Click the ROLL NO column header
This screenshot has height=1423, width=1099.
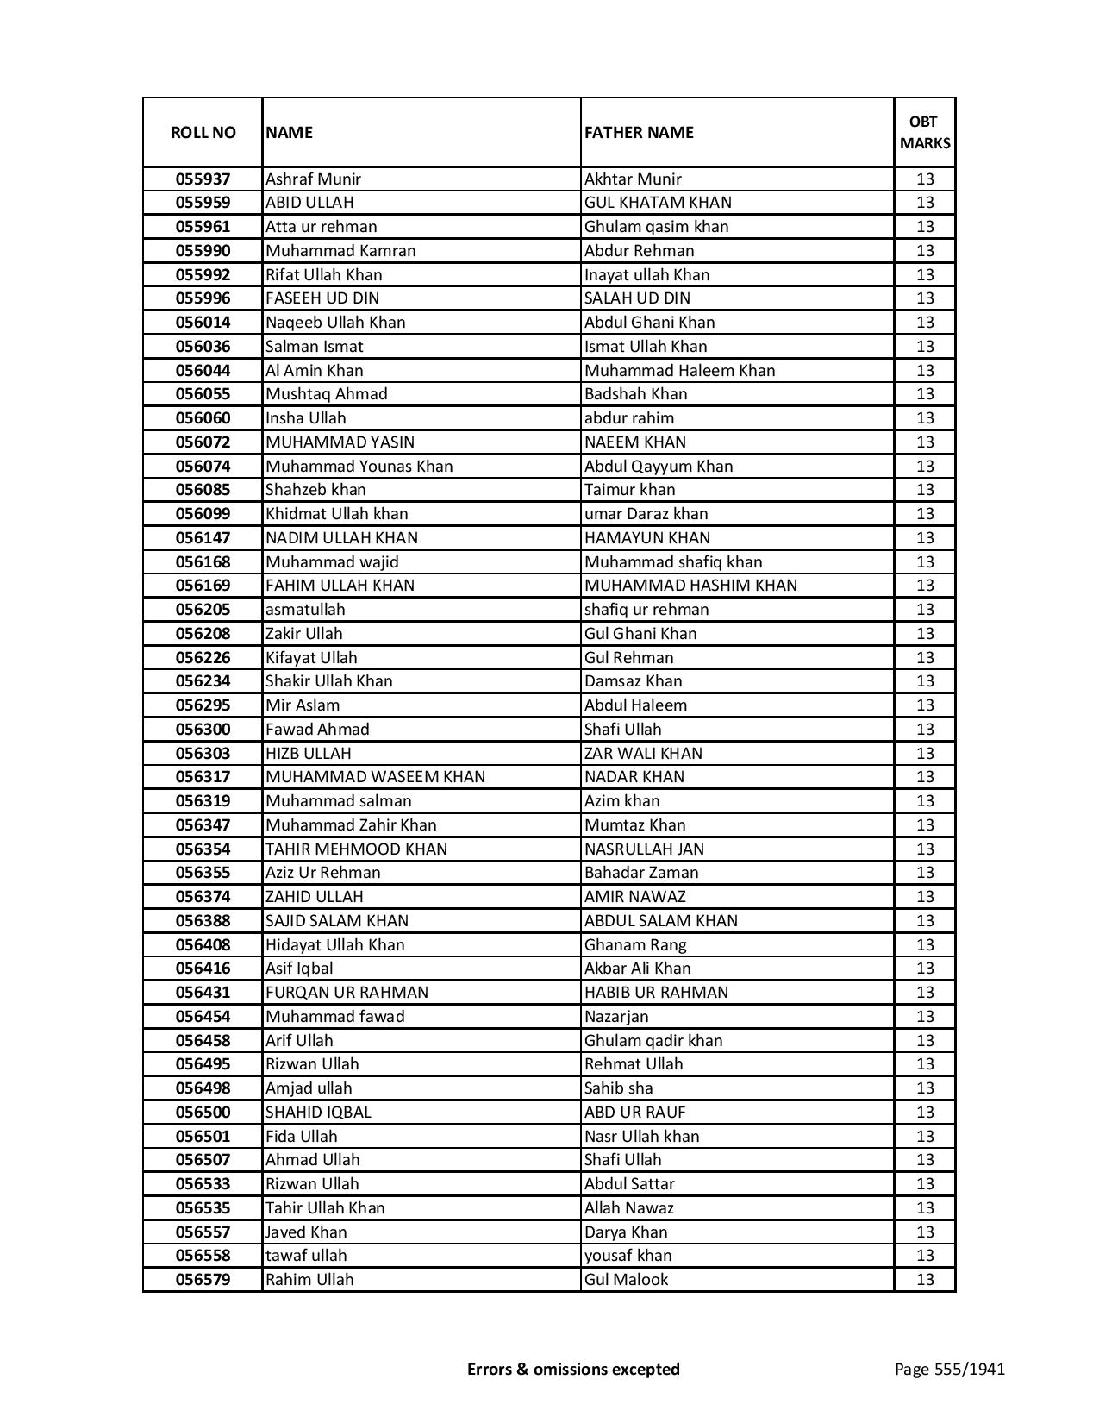coord(203,132)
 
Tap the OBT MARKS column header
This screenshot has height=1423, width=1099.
coord(924,132)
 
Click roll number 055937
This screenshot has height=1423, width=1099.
coord(203,179)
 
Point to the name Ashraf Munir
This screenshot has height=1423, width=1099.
coord(313,179)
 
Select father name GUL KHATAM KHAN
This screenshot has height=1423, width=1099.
coord(658,203)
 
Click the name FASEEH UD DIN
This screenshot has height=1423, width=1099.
coord(322,298)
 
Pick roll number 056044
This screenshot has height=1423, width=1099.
coord(203,370)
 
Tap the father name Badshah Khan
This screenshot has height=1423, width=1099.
coord(635,394)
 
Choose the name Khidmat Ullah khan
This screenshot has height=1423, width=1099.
coord(336,514)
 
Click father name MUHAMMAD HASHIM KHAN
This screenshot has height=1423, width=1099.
coord(690,586)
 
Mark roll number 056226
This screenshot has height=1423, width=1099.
coord(203,657)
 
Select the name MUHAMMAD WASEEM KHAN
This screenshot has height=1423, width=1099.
coord(375,777)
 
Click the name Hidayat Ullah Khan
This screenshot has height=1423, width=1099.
coord(334,944)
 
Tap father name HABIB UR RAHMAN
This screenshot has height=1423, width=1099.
coord(656,993)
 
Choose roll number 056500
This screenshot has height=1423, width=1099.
coord(203,1113)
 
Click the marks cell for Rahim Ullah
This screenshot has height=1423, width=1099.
coord(924,1280)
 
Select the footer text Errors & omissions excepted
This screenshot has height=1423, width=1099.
coord(573,1369)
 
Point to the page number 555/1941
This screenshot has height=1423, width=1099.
coord(949,1369)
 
